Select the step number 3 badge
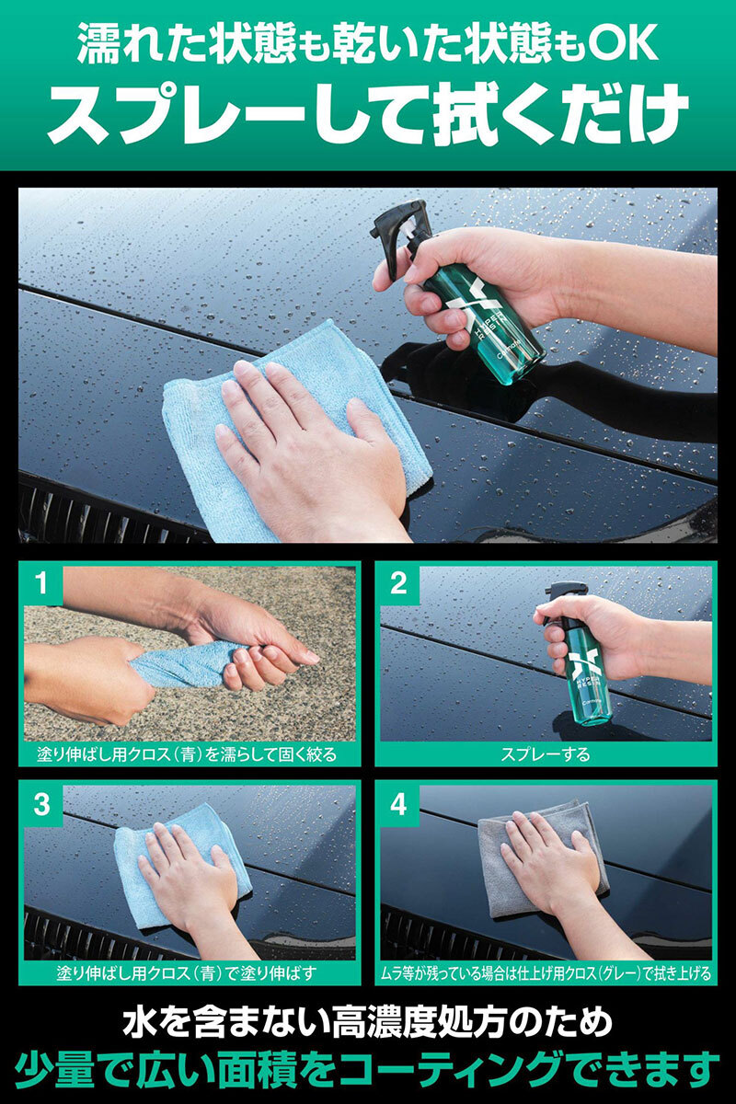click(41, 804)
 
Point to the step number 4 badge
click(398, 804)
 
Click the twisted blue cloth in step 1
click(185, 666)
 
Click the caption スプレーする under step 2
click(545, 754)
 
